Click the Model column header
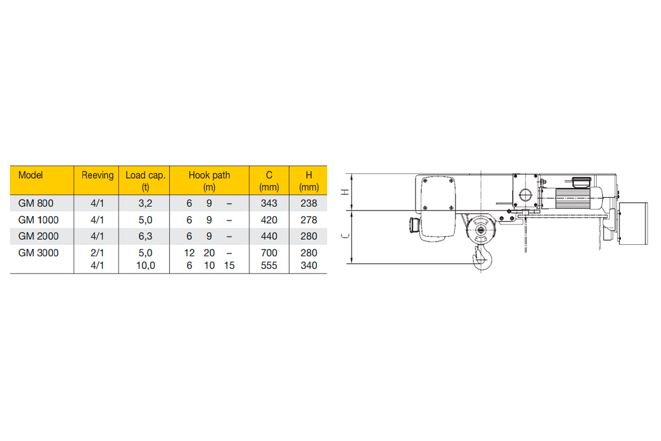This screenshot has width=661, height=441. pos(30,175)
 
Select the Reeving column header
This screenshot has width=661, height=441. pos(97,175)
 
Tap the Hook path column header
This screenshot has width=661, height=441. pos(209,181)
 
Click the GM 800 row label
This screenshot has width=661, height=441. pos(36,203)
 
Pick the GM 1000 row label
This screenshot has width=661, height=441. pos(39,220)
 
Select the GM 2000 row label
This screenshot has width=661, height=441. pos(39,236)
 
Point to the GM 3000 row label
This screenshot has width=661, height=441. pos(39,253)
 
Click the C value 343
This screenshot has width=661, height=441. pos(269,203)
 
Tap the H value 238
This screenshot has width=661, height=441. pos(308,203)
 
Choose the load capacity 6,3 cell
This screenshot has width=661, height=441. pos(145,236)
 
